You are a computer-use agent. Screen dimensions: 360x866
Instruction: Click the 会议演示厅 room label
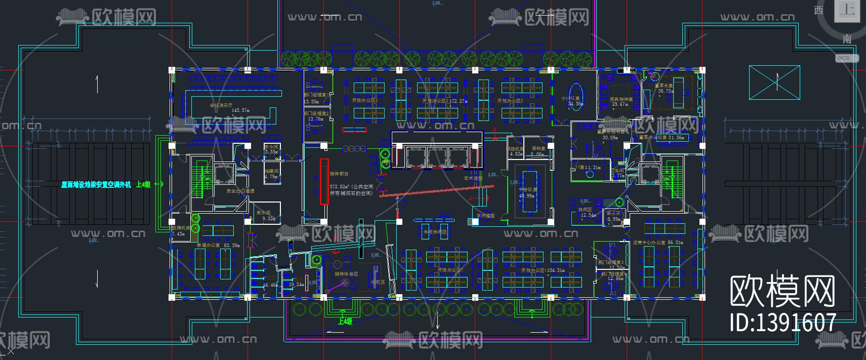pyautogui.click(x=222, y=105)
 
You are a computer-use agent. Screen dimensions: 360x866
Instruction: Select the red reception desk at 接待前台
pyautogui.click(x=324, y=181)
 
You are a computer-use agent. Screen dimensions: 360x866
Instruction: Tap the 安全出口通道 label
pyautogui.click(x=240, y=191)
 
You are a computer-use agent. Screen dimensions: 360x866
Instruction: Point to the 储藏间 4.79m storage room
pyautogui.click(x=271, y=174)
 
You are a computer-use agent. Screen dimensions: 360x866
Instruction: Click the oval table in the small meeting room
pyautogui.click(x=575, y=96)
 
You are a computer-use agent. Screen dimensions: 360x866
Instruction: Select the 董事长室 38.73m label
pyautogui.click(x=664, y=89)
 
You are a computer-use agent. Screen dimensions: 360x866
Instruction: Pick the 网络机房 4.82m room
pyautogui.click(x=515, y=151)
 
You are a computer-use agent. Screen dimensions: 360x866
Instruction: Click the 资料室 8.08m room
pyautogui.click(x=538, y=151)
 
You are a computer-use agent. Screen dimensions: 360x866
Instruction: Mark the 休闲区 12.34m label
pyautogui.click(x=587, y=212)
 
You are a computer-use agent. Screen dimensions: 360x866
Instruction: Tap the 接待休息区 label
pyautogui.click(x=346, y=274)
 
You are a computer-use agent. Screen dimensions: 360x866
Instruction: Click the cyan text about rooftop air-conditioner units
pyautogui.click(x=96, y=185)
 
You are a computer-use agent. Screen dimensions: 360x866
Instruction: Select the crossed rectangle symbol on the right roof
pyautogui.click(x=774, y=82)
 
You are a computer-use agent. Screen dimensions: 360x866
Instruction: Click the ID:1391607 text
pyautogui.click(x=782, y=323)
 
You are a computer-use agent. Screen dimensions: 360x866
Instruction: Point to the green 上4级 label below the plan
pyautogui.click(x=345, y=321)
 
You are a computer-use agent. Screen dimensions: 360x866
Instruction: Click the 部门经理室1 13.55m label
pyautogui.click(x=316, y=98)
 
